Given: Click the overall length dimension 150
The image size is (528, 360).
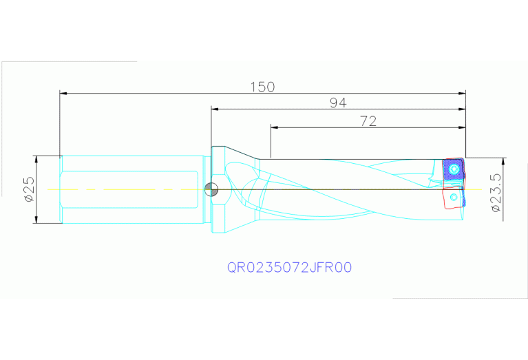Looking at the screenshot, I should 262,87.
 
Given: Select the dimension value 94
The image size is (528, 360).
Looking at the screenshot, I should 337,103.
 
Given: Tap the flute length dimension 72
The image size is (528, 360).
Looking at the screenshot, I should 368,121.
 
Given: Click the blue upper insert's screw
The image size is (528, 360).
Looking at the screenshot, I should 452,169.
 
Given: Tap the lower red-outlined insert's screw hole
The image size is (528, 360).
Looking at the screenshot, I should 453,198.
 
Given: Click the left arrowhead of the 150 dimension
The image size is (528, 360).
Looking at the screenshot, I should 63,92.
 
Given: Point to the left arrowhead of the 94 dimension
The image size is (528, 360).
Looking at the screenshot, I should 215,109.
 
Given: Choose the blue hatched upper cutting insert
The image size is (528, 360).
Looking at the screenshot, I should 452,171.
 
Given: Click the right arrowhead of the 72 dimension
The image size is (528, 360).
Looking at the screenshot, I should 462,127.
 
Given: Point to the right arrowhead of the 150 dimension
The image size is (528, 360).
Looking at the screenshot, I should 462,92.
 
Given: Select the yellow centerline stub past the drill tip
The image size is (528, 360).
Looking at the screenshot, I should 475,189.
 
